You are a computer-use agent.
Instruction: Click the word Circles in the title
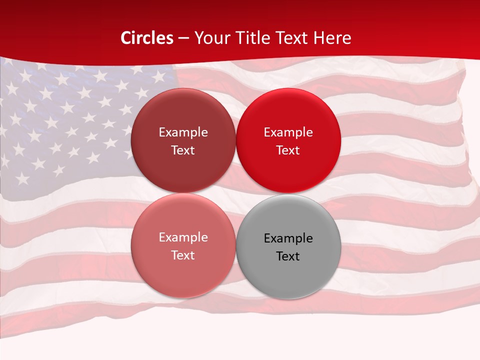click(147, 38)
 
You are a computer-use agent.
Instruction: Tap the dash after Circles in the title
click(183, 38)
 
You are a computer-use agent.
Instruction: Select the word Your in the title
click(209, 38)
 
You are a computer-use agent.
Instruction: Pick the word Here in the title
click(332, 38)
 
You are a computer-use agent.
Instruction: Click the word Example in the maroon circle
click(183, 132)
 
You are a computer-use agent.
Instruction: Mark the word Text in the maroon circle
click(183, 150)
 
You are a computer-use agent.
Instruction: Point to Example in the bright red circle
click(288, 132)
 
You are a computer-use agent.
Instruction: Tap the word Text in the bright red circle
click(288, 150)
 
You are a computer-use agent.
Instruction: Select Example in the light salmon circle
click(183, 237)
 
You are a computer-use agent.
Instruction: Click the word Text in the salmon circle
click(183, 255)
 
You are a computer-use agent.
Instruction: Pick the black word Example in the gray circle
click(288, 238)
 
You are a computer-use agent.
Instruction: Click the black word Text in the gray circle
click(288, 256)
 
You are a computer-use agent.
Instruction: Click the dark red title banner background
click(410, 30)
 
